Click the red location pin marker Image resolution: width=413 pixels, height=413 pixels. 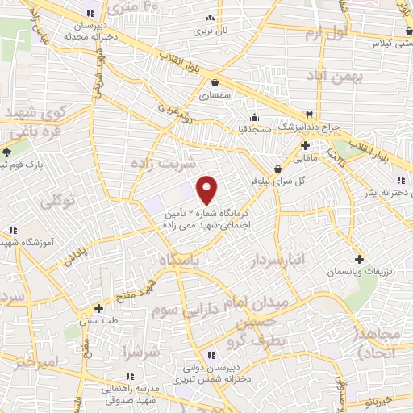tap(207, 189)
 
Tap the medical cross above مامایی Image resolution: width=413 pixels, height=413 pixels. tap(305, 146)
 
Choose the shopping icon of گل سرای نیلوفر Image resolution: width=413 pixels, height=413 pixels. tap(278, 169)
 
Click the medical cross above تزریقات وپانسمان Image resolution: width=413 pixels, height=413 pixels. tap(359, 261)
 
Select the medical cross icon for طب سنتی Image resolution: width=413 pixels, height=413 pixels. tap(98, 307)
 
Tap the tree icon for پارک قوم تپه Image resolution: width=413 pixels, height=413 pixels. tap(6, 152)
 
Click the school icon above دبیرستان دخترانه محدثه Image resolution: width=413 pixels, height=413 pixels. tap(90, 13)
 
